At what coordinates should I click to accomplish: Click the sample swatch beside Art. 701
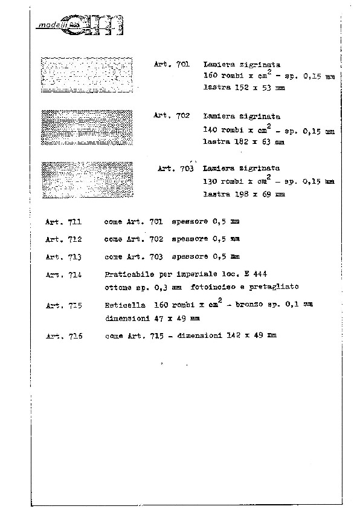(87, 75)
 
